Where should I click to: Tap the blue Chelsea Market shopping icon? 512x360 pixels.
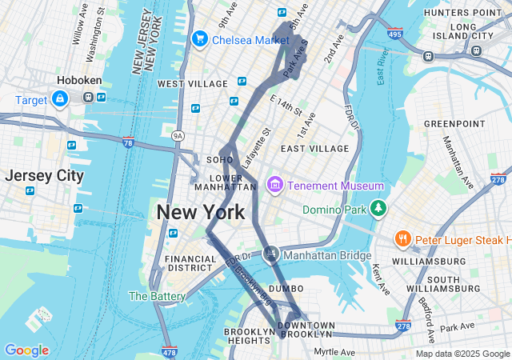point(199,38)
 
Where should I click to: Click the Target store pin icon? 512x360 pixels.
point(59,98)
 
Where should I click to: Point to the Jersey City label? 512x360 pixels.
point(44,175)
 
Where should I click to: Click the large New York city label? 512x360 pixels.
point(201,212)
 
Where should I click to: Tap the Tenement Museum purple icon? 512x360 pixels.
point(274,186)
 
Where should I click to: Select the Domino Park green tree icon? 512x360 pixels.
point(378,210)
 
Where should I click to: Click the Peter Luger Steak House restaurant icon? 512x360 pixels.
point(403,238)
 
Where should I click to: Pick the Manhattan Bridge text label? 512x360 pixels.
point(328,255)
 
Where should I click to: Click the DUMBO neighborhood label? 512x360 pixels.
point(286,288)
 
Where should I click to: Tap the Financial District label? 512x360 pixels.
point(190,264)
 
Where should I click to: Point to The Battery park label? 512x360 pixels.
point(157,296)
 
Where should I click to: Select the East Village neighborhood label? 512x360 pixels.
point(314,148)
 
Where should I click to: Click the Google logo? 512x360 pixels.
point(26,350)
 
